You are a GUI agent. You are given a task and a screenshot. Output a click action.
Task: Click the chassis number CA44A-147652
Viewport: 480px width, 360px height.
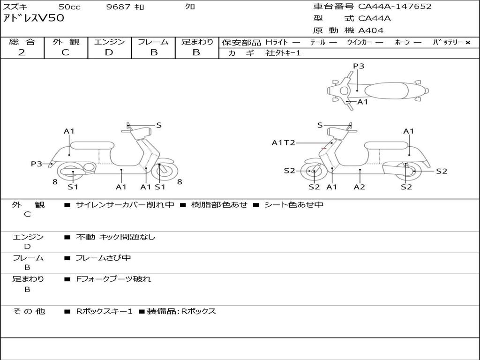(395, 7)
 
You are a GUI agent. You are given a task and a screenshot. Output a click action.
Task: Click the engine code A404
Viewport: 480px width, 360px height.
(371, 30)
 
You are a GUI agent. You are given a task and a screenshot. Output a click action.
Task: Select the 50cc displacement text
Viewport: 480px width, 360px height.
(69, 7)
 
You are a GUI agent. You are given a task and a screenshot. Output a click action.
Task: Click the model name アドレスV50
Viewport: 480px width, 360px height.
(33, 19)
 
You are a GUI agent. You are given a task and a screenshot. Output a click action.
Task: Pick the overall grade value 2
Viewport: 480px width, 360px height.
(22, 52)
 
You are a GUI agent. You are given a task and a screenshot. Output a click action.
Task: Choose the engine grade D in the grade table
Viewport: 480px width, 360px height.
(109, 52)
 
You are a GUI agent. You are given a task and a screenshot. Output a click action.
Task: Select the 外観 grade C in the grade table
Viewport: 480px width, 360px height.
(66, 52)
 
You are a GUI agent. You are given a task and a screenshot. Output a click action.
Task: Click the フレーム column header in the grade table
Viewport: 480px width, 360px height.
(153, 42)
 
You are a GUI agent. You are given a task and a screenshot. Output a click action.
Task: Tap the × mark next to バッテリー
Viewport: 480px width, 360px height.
(468, 43)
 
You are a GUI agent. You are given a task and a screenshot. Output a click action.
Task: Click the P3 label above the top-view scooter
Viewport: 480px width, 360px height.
(359, 66)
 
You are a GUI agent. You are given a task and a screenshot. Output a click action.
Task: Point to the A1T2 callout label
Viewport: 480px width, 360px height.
(284, 142)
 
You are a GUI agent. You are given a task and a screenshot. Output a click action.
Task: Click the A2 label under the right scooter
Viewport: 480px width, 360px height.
(360, 187)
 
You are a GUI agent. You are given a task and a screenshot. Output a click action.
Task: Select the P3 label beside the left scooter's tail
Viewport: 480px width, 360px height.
(37, 164)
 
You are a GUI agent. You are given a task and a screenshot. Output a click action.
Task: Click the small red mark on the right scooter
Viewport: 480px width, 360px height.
(323, 149)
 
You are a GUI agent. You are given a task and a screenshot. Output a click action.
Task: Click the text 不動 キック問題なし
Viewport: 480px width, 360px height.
(115, 237)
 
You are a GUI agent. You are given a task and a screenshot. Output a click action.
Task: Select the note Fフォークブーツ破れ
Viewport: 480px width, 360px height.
(113, 279)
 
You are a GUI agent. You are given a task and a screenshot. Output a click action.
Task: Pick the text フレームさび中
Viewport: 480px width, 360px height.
(103, 258)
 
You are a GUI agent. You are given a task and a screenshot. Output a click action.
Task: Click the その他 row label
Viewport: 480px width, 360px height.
(29, 311)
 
